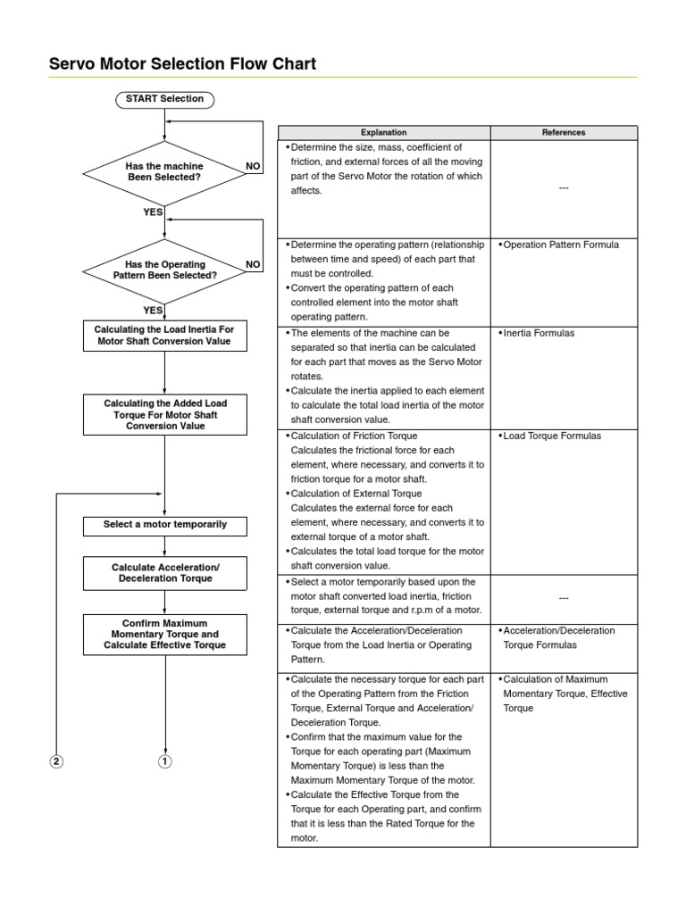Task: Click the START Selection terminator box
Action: pos(164,99)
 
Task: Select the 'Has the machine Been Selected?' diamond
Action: pos(164,171)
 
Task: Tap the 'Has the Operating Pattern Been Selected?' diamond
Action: pos(164,270)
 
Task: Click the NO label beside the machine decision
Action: pos(253,166)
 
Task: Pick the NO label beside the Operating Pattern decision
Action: pos(253,264)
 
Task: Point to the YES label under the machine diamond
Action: pos(153,212)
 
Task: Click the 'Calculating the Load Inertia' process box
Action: pos(164,335)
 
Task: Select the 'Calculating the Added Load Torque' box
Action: pos(164,415)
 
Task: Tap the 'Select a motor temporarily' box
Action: pos(164,525)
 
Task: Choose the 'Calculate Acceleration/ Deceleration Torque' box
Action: pos(164,573)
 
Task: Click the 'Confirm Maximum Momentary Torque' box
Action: pos(164,634)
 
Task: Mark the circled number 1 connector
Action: pos(165,761)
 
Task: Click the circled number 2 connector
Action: pos(56,761)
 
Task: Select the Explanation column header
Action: pos(383,132)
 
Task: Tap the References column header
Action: pos(564,132)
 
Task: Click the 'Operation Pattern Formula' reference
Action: pos(560,245)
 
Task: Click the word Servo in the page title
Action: pos(72,63)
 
